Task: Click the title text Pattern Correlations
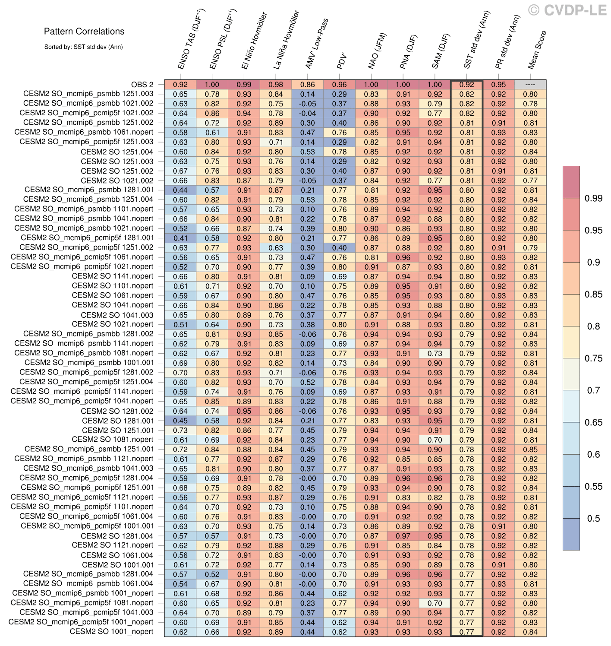(84, 32)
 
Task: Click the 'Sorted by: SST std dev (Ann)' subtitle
(83, 47)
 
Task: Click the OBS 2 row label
(142, 85)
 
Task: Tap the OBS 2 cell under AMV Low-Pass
(308, 85)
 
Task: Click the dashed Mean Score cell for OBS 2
(530, 85)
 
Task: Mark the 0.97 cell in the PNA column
(403, 536)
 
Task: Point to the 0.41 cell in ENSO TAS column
(180, 238)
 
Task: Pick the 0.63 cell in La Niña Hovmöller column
(276, 248)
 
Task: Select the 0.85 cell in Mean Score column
(530, 450)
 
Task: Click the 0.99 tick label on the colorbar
(593, 198)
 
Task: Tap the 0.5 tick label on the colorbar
(593, 519)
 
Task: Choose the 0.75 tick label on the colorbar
(593, 358)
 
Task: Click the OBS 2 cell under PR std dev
(498, 85)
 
